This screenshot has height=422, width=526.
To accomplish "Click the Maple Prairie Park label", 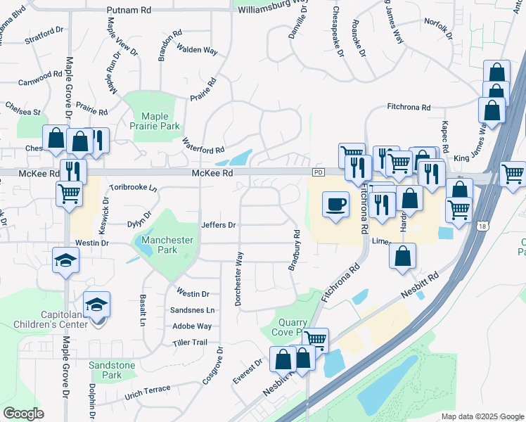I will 160,121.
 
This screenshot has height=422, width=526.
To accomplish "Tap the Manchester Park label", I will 167,245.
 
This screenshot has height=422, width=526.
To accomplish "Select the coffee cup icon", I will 335,204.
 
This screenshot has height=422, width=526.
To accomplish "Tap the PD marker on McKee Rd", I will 319,172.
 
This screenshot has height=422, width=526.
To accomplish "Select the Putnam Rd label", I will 129,11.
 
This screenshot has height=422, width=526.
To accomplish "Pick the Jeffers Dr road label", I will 218,225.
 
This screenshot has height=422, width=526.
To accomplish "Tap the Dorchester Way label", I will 239,279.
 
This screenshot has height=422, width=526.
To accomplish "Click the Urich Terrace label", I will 148,390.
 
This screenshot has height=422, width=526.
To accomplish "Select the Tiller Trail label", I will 190,343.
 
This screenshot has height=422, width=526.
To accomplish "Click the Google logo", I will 24,414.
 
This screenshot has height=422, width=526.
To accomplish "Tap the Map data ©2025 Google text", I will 482,416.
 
